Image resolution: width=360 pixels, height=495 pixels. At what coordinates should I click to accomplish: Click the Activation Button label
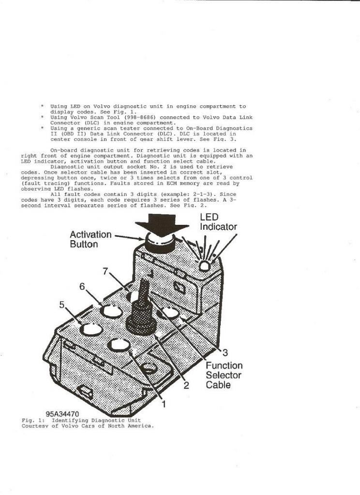(x=90, y=239)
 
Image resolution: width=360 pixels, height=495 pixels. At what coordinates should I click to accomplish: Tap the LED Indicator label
(x=218, y=222)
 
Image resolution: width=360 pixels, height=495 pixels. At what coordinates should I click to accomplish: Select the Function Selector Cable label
(x=224, y=375)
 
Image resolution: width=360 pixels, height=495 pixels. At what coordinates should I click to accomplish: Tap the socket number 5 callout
(x=61, y=305)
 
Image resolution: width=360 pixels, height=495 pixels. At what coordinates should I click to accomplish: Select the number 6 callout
(x=82, y=287)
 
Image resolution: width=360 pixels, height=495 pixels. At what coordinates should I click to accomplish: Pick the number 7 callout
(x=105, y=271)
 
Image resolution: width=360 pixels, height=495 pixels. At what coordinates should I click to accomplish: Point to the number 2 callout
(x=186, y=386)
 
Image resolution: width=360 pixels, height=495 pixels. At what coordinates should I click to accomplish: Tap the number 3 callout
(x=225, y=352)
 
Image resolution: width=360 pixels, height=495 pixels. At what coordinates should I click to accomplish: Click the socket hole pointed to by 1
(x=120, y=344)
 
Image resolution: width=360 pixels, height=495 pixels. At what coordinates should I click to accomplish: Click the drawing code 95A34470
(x=62, y=414)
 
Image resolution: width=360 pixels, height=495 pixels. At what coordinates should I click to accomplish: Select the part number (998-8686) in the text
(x=136, y=117)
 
